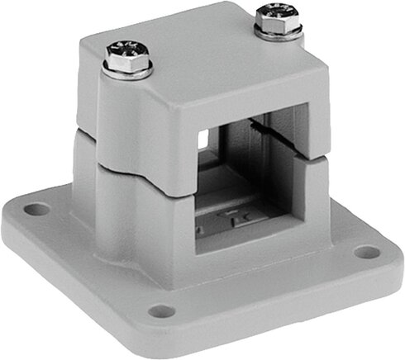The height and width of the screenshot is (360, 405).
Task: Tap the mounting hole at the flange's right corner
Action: pyautogui.click(x=364, y=253)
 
